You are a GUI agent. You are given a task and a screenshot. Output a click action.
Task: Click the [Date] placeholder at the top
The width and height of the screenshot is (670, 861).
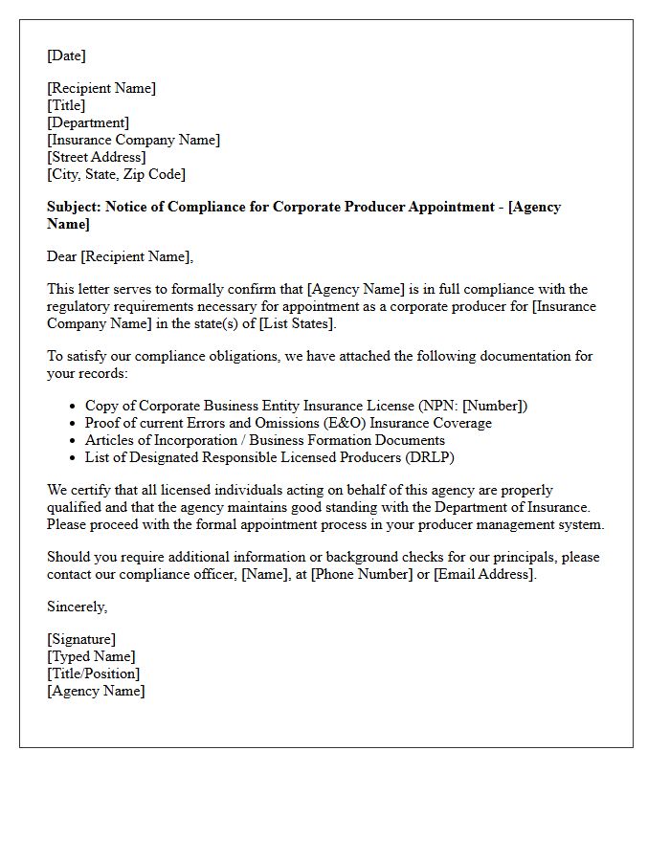pos(66,55)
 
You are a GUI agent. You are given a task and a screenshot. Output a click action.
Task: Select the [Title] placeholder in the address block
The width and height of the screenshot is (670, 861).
pos(66,105)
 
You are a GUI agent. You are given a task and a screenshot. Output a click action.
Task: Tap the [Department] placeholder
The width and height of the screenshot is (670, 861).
pos(88,122)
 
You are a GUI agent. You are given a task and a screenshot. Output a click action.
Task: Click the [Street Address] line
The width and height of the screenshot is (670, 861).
pos(97,157)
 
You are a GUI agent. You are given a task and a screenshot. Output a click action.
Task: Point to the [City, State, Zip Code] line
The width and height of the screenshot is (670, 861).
pos(117,174)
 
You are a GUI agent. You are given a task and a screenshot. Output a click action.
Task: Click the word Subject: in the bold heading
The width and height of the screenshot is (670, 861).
pos(74,207)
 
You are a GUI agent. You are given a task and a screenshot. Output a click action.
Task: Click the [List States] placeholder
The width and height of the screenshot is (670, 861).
pos(298,323)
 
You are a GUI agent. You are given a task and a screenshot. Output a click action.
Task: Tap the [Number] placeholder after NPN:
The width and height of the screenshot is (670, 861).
pos(494,406)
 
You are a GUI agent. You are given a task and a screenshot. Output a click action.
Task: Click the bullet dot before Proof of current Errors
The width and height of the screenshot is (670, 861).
pos(73,423)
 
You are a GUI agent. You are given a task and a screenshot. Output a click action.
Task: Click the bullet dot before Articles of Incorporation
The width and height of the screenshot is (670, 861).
pos(73,440)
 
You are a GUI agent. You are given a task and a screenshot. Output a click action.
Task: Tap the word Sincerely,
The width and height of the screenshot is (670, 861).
pos(78,607)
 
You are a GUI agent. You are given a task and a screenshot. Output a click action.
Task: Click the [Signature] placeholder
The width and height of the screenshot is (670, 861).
pos(81,639)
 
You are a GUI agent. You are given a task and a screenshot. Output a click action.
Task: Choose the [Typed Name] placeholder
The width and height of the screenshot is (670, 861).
pos(91,656)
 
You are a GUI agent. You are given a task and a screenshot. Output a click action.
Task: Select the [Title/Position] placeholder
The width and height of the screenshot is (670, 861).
pos(93,673)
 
